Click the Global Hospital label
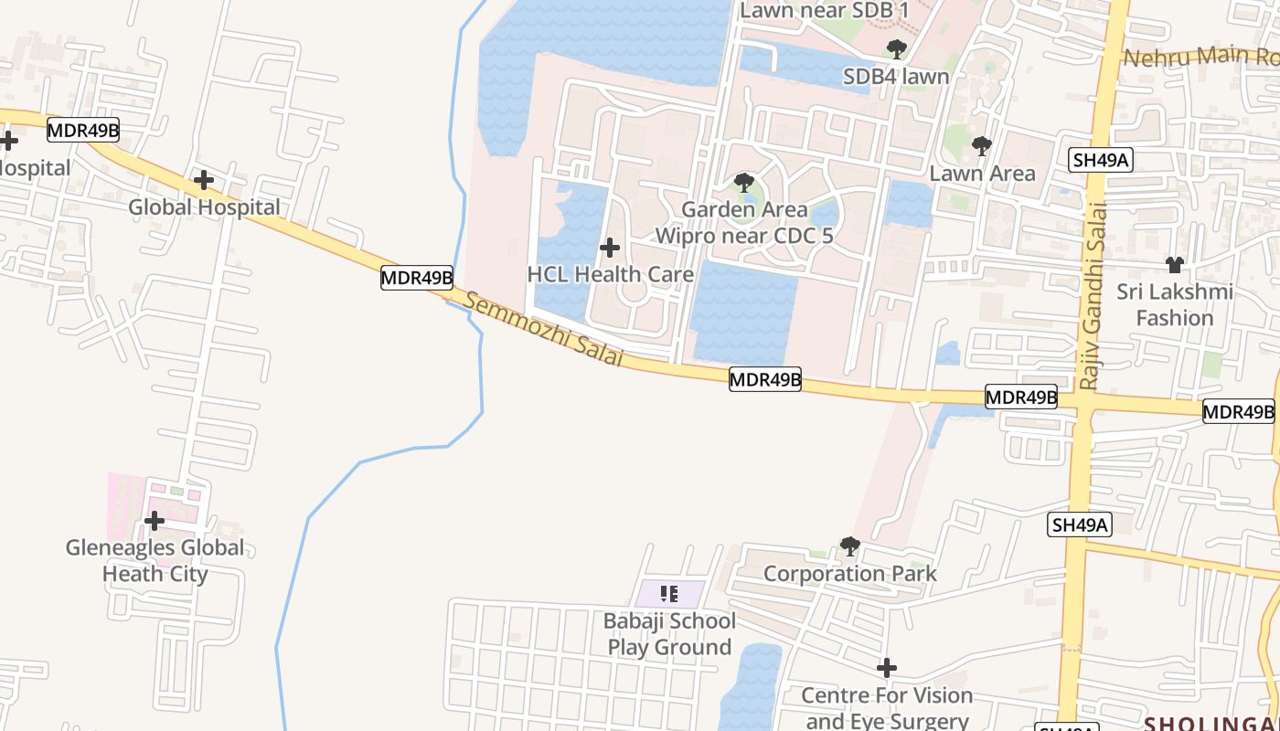[x=204, y=207]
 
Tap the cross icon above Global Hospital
[x=204, y=180]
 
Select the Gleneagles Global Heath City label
[x=155, y=560]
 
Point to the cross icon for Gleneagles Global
[x=155, y=521]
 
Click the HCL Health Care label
[x=610, y=274]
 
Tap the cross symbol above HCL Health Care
[x=610, y=248]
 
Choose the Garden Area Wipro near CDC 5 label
[x=744, y=222]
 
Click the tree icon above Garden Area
[x=744, y=182]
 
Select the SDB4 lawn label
[x=896, y=77]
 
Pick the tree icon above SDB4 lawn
[x=896, y=48]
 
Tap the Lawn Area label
[x=982, y=174]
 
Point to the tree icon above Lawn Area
[x=981, y=145]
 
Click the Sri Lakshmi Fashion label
[x=1175, y=305]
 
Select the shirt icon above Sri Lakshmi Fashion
[x=1175, y=265]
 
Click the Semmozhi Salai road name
[x=545, y=329]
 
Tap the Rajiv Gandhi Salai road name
[x=1093, y=297]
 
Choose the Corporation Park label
[x=849, y=574]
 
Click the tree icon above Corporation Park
[x=849, y=546]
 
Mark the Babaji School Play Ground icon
[x=669, y=594]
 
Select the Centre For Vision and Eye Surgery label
[x=887, y=707]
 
